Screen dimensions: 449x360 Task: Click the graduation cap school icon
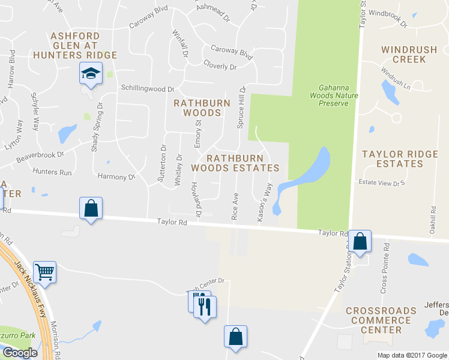(91, 74)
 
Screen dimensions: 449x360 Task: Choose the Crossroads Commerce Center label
(382, 320)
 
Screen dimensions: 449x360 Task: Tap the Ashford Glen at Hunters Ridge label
(83, 45)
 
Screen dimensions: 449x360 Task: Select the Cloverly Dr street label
(220, 66)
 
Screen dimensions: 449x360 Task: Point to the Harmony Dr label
(116, 177)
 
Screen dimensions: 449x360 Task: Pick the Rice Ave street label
(235, 206)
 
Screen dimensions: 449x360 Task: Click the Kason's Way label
(264, 204)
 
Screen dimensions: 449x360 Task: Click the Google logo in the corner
(20, 353)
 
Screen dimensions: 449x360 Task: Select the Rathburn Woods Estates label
(235, 163)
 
